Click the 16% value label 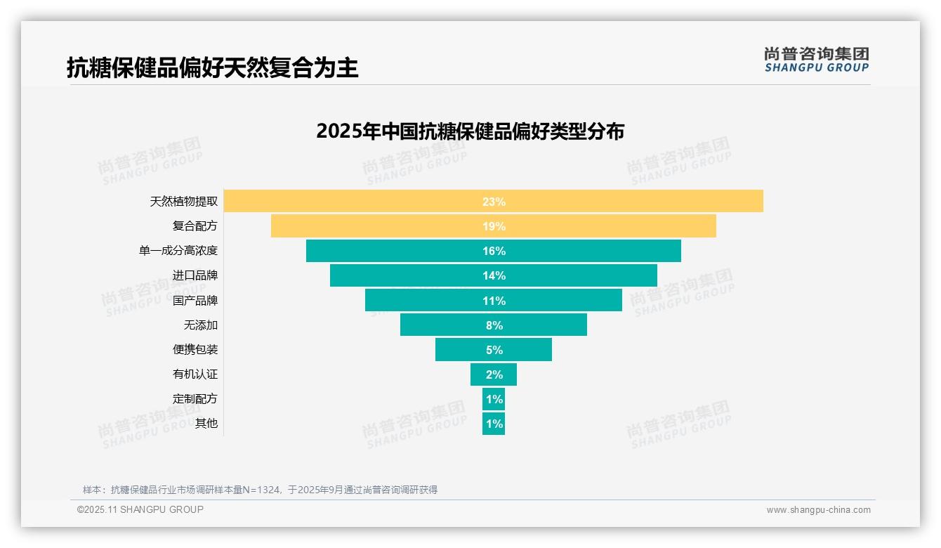494,251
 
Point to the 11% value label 494,301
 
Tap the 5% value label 494,350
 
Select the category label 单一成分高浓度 178,251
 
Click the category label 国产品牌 195,301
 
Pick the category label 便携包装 195,350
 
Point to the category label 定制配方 195,399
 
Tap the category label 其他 206,424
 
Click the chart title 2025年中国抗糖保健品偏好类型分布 470,131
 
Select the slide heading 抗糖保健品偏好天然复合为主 212,67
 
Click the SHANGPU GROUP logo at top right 816,60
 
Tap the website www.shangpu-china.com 818,510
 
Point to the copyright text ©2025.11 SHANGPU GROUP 140,509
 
